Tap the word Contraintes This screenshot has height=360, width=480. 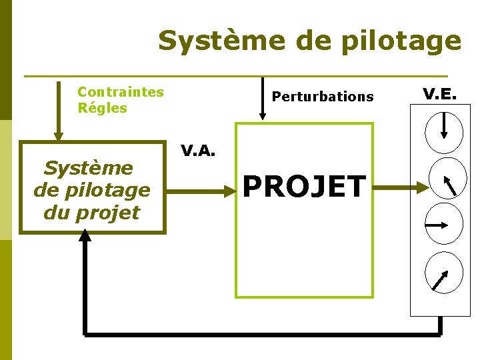[120, 92]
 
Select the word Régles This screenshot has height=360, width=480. [102, 108]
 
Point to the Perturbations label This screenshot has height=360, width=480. [323, 97]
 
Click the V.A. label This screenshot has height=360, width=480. [198, 151]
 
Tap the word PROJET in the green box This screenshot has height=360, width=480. [304, 187]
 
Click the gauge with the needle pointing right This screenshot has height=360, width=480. [443, 224]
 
